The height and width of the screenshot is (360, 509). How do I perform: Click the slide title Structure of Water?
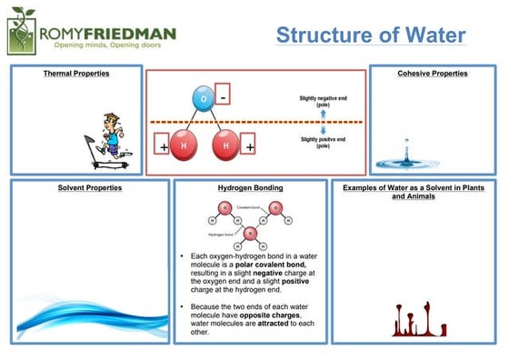371,35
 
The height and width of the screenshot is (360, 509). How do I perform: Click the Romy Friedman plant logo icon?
23,32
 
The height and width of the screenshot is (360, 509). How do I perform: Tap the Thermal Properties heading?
76,74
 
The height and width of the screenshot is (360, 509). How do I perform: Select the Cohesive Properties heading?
433,74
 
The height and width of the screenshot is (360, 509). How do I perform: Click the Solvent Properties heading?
90,188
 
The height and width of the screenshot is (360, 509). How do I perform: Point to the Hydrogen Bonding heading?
250,188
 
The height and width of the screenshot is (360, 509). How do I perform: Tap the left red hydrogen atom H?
185,145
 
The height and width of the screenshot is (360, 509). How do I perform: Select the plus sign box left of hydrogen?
164,145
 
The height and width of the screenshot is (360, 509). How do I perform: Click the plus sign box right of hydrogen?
248,145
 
